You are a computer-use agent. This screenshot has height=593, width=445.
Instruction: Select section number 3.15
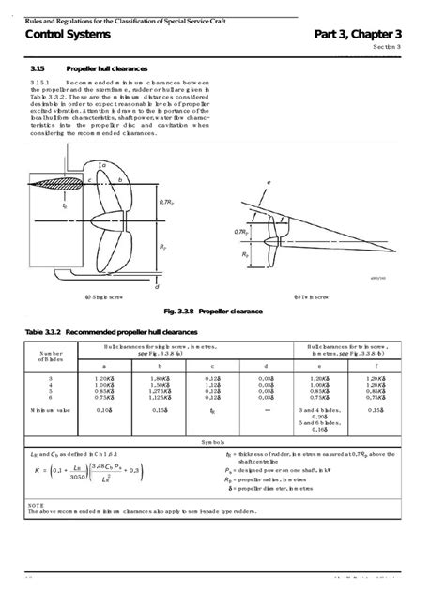tap(39, 68)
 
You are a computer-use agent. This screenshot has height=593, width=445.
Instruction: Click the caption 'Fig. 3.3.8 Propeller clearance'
tap(212, 311)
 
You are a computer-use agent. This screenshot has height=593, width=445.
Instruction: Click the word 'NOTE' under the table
tap(35, 505)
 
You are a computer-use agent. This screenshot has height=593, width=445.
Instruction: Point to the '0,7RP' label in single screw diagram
tap(166, 202)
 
